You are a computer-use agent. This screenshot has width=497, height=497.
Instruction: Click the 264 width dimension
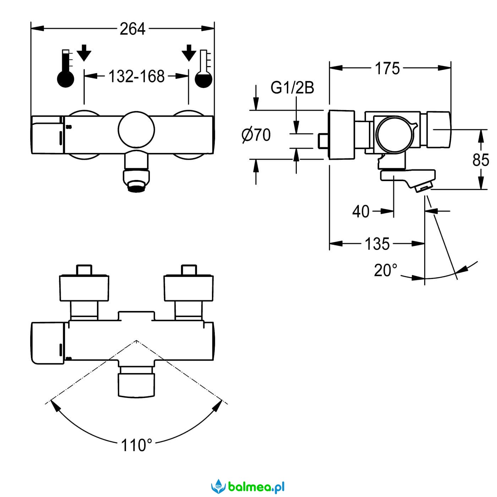click(x=132, y=29)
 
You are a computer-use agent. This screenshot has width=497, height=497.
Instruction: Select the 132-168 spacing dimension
click(x=136, y=76)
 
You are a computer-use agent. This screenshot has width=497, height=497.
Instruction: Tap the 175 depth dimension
click(x=387, y=69)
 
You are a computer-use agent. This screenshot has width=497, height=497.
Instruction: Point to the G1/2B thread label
click(x=292, y=88)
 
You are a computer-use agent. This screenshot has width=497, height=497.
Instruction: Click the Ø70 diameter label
click(x=256, y=135)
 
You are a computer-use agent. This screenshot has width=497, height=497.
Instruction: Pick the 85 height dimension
click(x=481, y=160)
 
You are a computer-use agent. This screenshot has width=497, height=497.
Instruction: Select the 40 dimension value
click(x=361, y=212)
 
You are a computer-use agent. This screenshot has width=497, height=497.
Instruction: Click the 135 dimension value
click(x=377, y=244)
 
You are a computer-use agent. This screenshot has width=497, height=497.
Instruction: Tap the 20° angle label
click(x=386, y=271)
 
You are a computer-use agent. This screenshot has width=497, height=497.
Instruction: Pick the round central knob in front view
click(x=136, y=130)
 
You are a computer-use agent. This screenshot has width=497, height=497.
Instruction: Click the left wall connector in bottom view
click(x=84, y=288)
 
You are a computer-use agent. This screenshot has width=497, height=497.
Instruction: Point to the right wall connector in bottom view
click(x=189, y=288)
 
